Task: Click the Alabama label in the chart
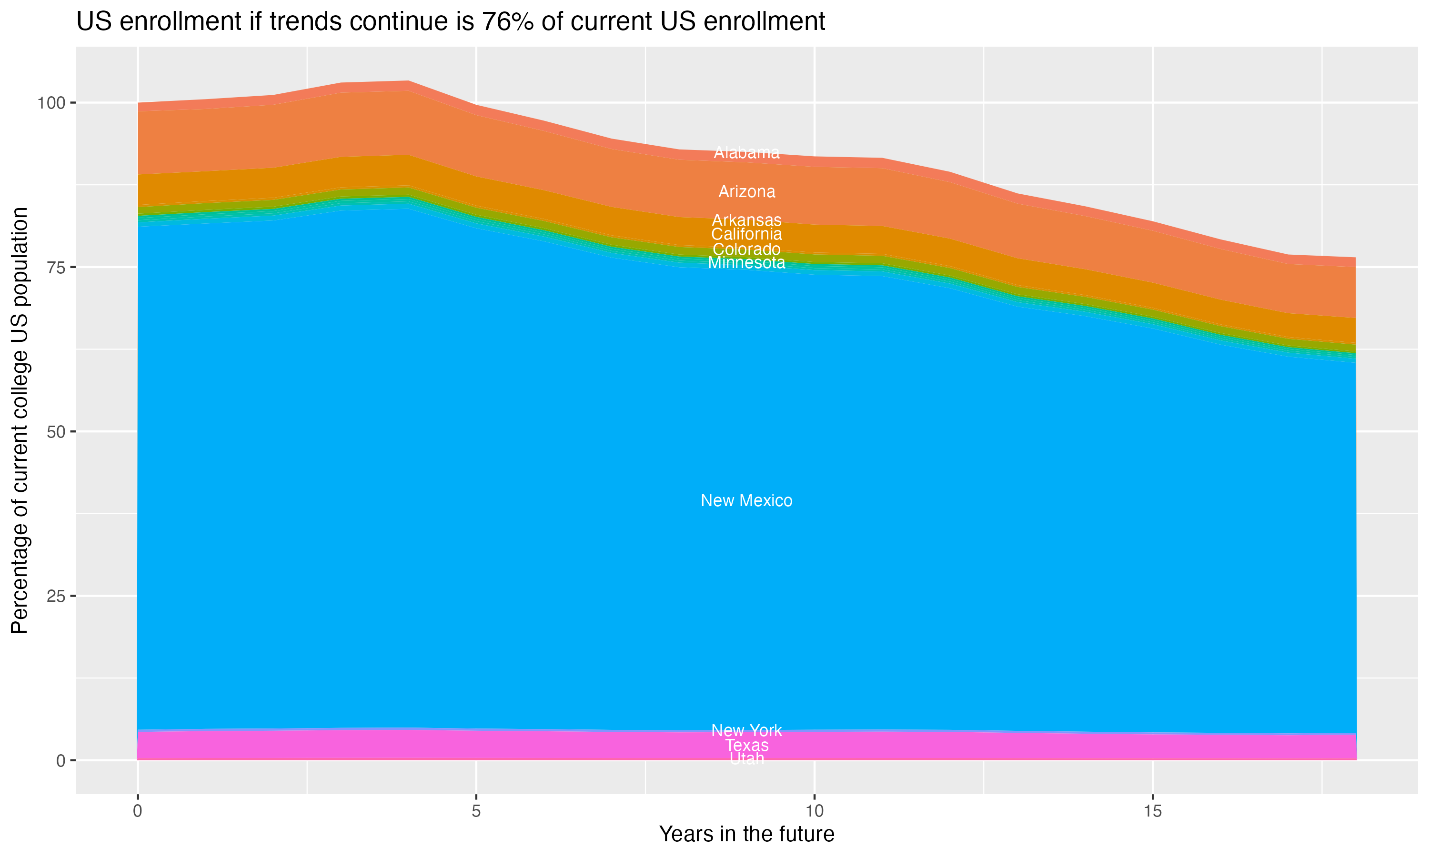746,152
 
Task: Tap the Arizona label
746,192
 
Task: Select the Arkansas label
746,220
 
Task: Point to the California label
746,234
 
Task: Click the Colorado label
746,249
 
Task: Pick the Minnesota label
746,263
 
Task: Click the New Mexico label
746,501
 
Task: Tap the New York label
746,730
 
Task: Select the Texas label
746,746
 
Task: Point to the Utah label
746,759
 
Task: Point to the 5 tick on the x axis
476,811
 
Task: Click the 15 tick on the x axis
1152,811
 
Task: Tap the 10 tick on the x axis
814,811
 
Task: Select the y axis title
20,420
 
